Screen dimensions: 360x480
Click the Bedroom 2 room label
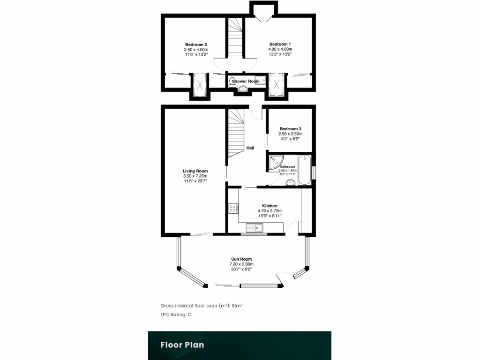(196, 45)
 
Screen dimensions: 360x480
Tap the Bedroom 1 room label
(280, 45)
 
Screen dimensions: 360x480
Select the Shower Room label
(246, 82)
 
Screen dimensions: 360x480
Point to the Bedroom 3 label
(290, 129)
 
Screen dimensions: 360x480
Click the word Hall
(250, 148)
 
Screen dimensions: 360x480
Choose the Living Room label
(195, 171)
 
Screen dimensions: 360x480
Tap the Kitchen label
(270, 206)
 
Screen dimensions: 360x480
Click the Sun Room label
(241, 259)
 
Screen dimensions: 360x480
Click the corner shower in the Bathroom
(274, 162)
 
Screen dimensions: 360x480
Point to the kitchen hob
(232, 208)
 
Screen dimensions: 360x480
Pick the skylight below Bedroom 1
(277, 85)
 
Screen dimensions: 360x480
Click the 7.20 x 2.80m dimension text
(241, 264)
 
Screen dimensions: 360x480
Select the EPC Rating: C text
(176, 315)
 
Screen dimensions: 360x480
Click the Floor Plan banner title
(182, 345)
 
